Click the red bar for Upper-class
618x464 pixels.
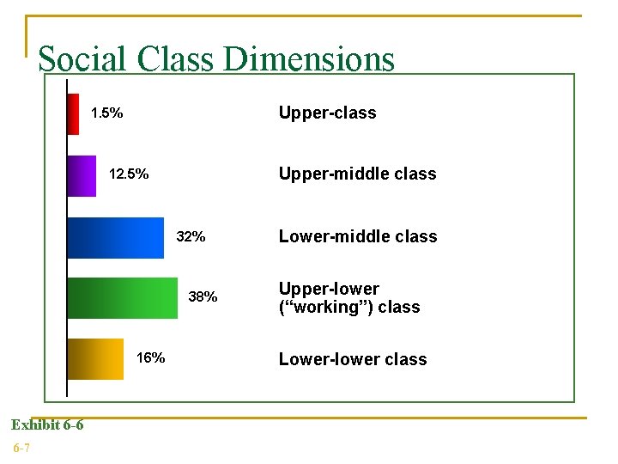(x=74, y=113)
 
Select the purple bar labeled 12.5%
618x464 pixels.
(x=82, y=175)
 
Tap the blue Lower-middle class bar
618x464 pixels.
(x=116, y=237)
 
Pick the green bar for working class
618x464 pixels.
(x=123, y=297)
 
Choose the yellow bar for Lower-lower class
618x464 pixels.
(x=96, y=358)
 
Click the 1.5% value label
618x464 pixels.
(x=106, y=113)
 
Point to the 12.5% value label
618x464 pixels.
(x=129, y=175)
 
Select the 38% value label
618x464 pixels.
(x=203, y=297)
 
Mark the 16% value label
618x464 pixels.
(x=151, y=358)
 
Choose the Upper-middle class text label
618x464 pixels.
(x=357, y=174)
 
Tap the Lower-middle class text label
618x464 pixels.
(x=358, y=236)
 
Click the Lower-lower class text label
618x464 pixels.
(x=353, y=359)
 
